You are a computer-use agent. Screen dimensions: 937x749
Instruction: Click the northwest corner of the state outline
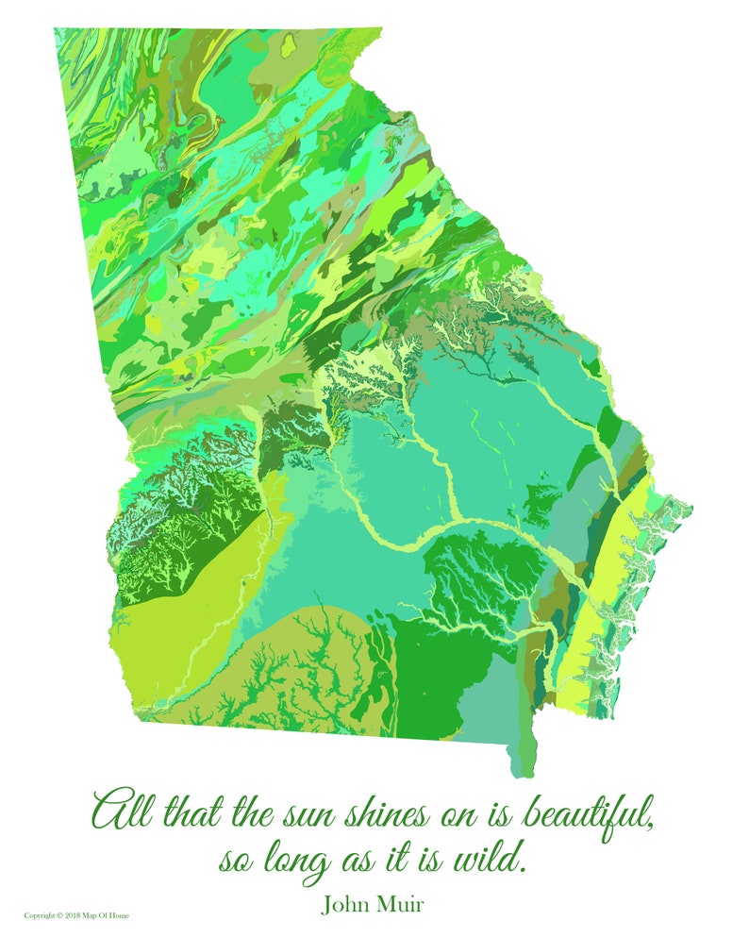point(55,29)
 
